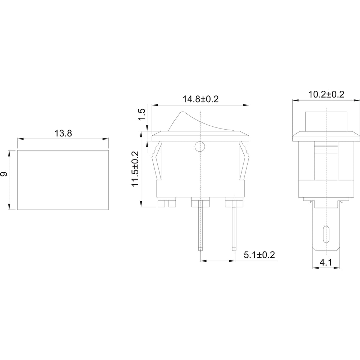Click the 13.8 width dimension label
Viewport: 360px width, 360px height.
click(x=63, y=133)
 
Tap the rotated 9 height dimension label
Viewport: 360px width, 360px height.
click(x=4, y=174)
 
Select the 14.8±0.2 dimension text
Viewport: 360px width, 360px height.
click(x=201, y=99)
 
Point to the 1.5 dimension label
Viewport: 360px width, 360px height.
click(x=142, y=114)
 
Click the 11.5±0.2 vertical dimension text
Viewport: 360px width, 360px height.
click(x=135, y=169)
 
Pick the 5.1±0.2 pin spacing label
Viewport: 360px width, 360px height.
click(x=259, y=255)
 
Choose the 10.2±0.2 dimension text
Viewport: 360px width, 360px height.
click(x=326, y=95)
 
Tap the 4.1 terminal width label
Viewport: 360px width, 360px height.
click(x=326, y=262)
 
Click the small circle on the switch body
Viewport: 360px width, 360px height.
click(x=199, y=147)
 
